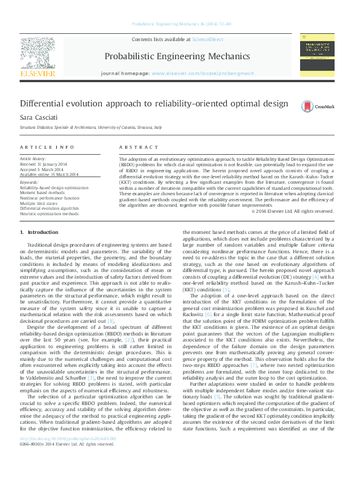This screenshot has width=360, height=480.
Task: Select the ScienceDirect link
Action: pyautogui.click(x=208, y=40)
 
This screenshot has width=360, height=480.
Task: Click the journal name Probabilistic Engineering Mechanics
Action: pyautogui.click(x=177, y=57)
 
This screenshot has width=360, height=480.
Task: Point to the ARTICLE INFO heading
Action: pyautogui.click(x=43, y=148)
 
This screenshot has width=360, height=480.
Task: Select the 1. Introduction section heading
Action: pyautogui.click(x=39, y=232)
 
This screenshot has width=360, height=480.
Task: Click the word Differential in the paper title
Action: pyautogui.click(x=43, y=103)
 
